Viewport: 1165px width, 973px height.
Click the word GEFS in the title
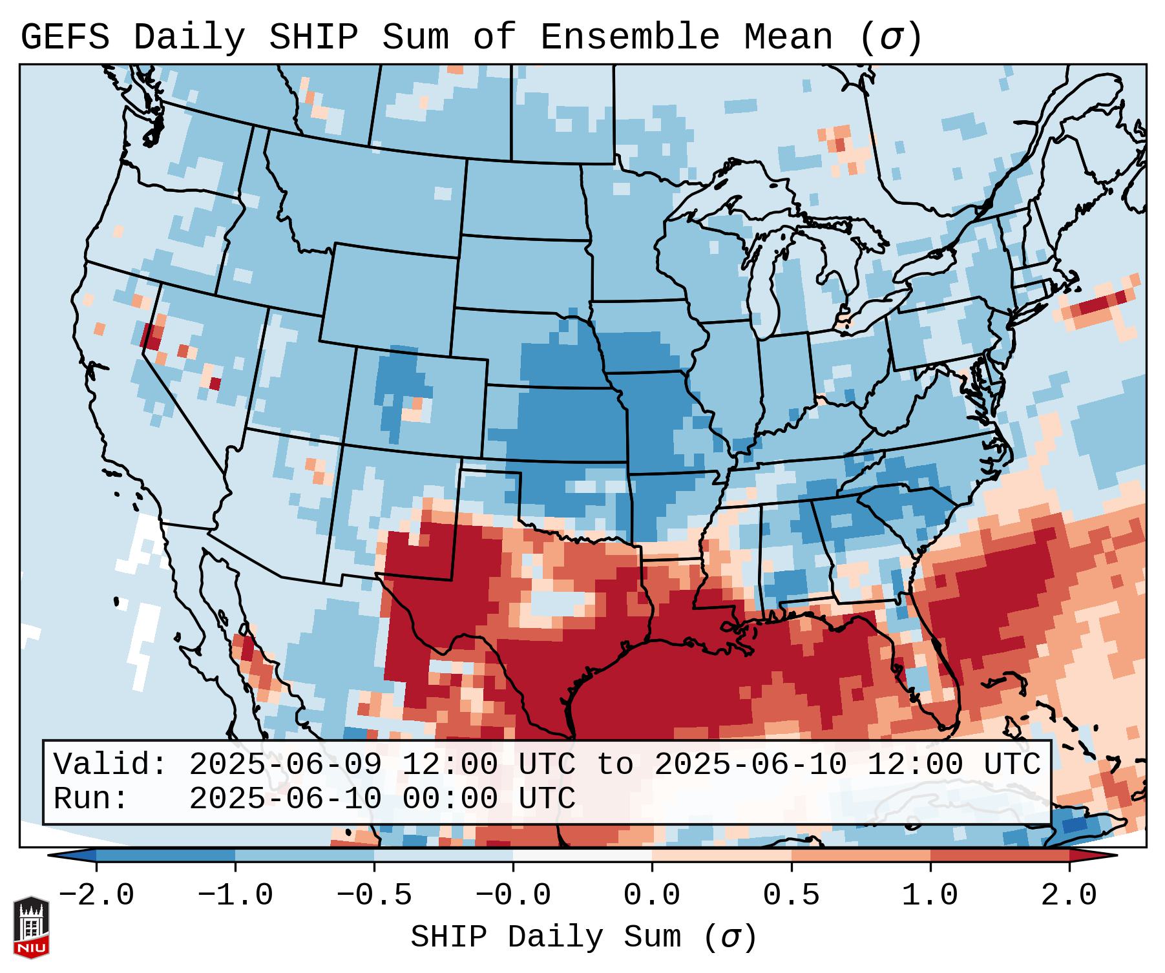(65, 37)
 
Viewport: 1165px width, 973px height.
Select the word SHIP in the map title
(313, 37)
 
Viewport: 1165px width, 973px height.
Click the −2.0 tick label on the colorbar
(96, 895)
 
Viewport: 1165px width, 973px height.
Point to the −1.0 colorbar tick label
(235, 895)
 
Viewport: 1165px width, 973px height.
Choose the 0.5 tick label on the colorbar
(792, 895)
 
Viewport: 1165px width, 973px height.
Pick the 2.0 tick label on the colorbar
(1069, 895)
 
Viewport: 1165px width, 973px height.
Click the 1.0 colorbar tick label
(930, 895)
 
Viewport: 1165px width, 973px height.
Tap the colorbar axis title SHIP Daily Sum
(583, 937)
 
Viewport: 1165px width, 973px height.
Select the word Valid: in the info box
(110, 765)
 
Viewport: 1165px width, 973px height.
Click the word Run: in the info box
(91, 799)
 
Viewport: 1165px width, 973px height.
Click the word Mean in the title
(788, 37)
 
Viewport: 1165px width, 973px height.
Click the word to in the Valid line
(614, 765)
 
